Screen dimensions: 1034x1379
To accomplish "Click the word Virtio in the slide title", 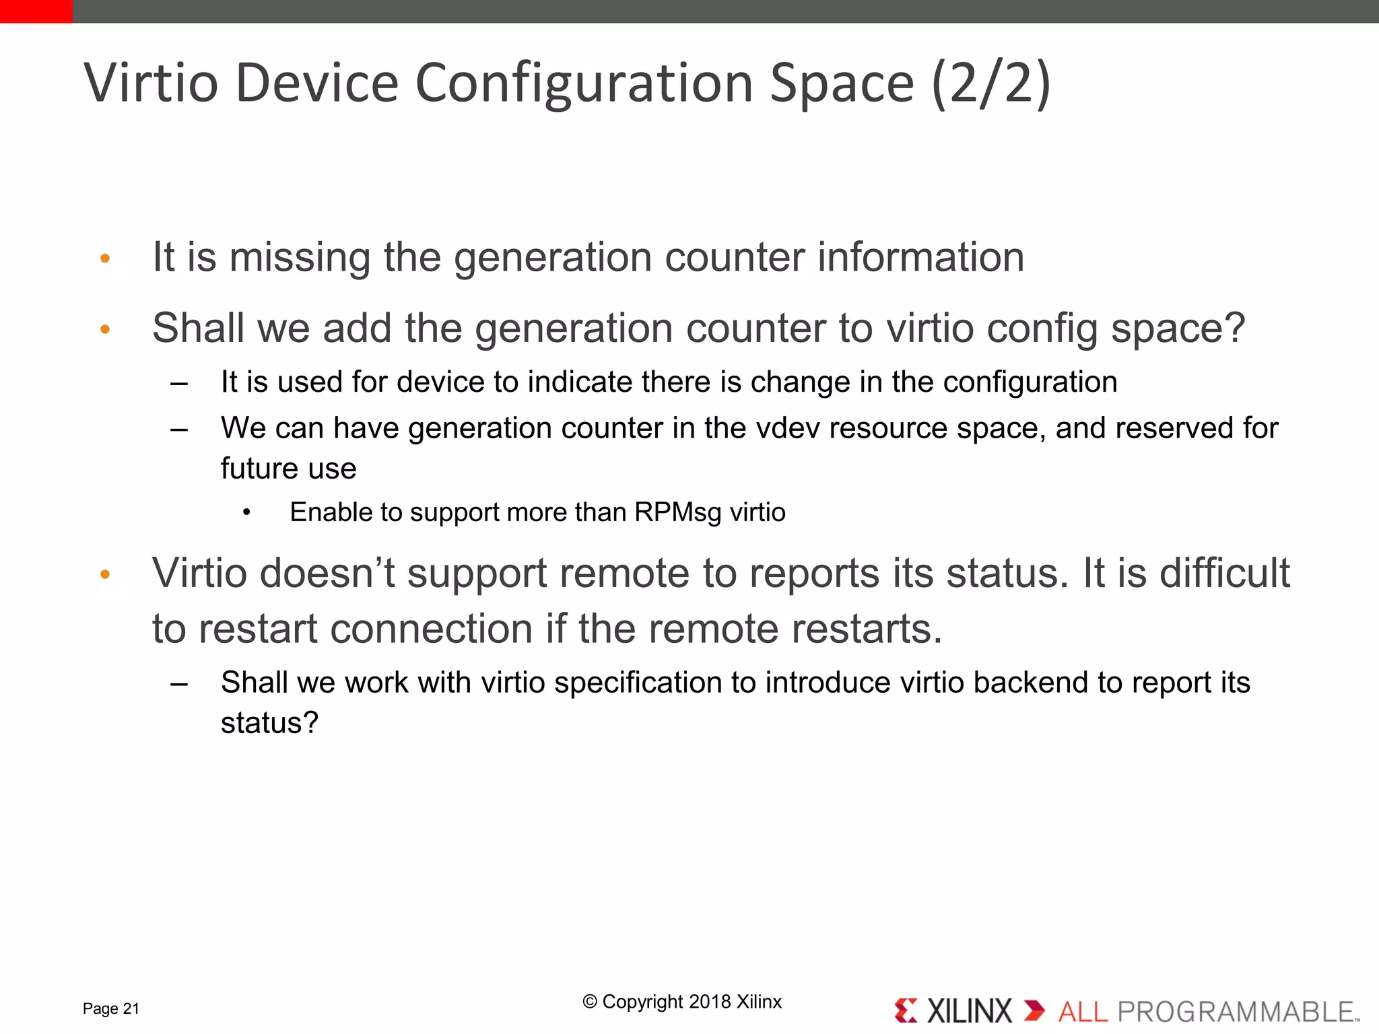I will (x=152, y=83).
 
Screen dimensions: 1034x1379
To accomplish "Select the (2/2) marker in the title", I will (x=991, y=83).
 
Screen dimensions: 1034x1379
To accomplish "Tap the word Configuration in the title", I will (x=584, y=84).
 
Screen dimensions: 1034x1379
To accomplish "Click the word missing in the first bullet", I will (x=300, y=257).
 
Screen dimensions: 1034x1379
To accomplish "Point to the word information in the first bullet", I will (x=920, y=257).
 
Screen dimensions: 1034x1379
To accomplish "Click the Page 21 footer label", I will (x=110, y=1008).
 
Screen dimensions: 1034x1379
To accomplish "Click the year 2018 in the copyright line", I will (x=710, y=1002).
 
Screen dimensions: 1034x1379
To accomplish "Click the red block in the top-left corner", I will (x=36, y=11).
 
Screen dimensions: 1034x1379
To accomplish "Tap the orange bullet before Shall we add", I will (x=105, y=329).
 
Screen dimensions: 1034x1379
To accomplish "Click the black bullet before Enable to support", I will (x=247, y=513).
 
